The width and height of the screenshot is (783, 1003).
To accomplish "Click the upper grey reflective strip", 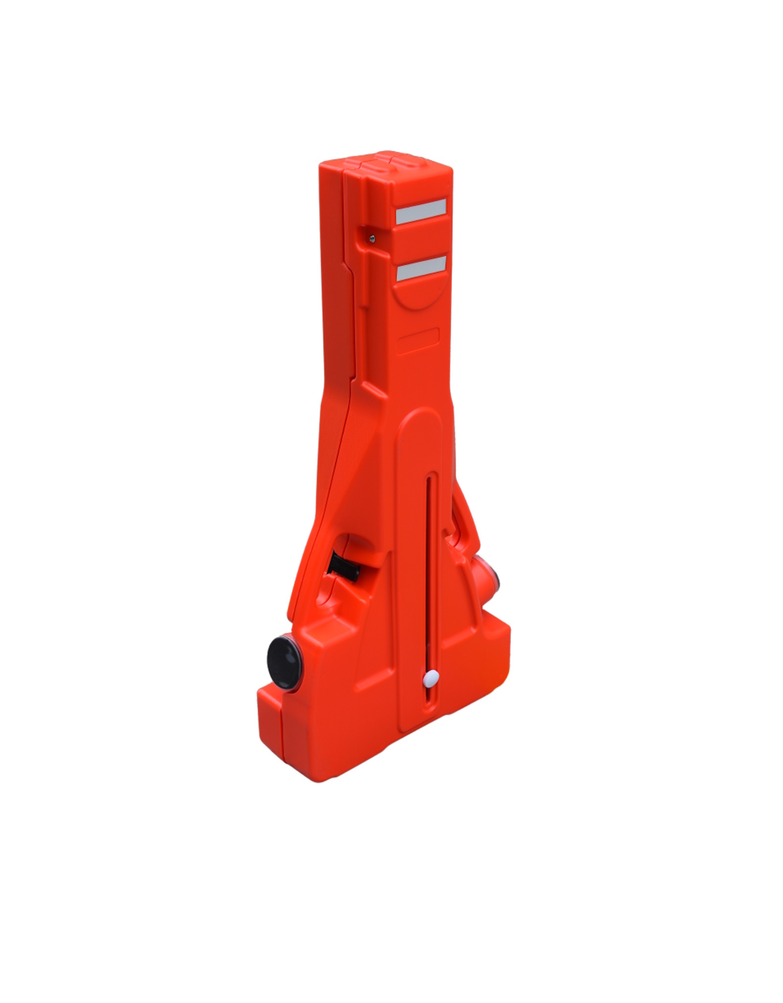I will [x=420, y=212].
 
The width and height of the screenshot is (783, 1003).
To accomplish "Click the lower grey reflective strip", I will [x=421, y=268].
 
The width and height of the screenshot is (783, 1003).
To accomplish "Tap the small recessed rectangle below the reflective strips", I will [x=418, y=341].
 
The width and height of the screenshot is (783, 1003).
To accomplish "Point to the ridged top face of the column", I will [x=387, y=164].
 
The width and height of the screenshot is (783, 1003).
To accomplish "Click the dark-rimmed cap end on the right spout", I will [x=494, y=580].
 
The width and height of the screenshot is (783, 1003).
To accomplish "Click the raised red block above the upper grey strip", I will [x=421, y=184].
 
